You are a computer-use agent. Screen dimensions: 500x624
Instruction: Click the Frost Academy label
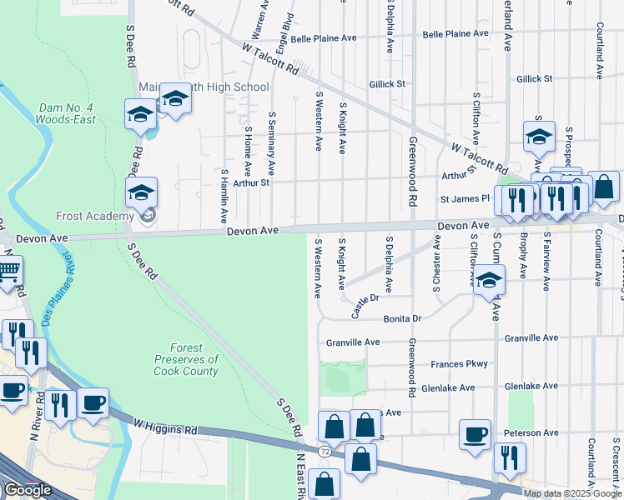pos(94,216)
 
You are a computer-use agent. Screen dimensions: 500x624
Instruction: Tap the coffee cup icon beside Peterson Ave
pos(475,434)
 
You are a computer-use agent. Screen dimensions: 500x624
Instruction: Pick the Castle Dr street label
pos(365,305)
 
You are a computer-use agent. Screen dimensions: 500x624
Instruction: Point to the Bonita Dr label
pos(403,319)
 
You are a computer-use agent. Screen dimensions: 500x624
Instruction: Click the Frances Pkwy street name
pos(459,364)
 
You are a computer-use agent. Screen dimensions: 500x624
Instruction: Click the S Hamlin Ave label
pos(224,195)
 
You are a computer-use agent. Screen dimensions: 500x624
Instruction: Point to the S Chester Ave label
pos(436,263)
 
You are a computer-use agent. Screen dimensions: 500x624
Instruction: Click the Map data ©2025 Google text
pos(571,492)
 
